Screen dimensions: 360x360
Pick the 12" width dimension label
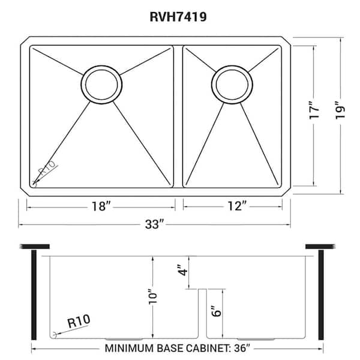237,206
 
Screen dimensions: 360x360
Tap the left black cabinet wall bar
35,295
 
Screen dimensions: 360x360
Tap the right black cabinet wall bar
321,295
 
